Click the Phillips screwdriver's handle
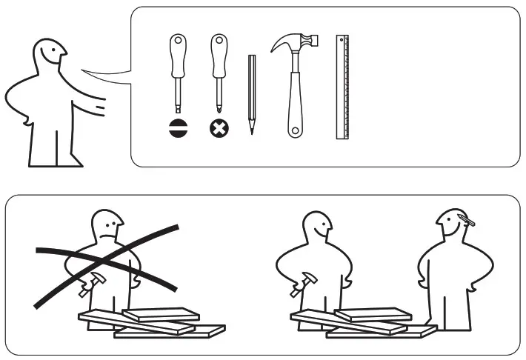(x=219, y=56)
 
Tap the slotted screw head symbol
(x=179, y=127)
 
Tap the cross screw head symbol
(x=219, y=127)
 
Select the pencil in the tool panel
(x=253, y=93)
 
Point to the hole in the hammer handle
(x=295, y=131)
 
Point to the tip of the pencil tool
(x=252, y=131)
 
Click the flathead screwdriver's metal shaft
(x=179, y=96)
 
